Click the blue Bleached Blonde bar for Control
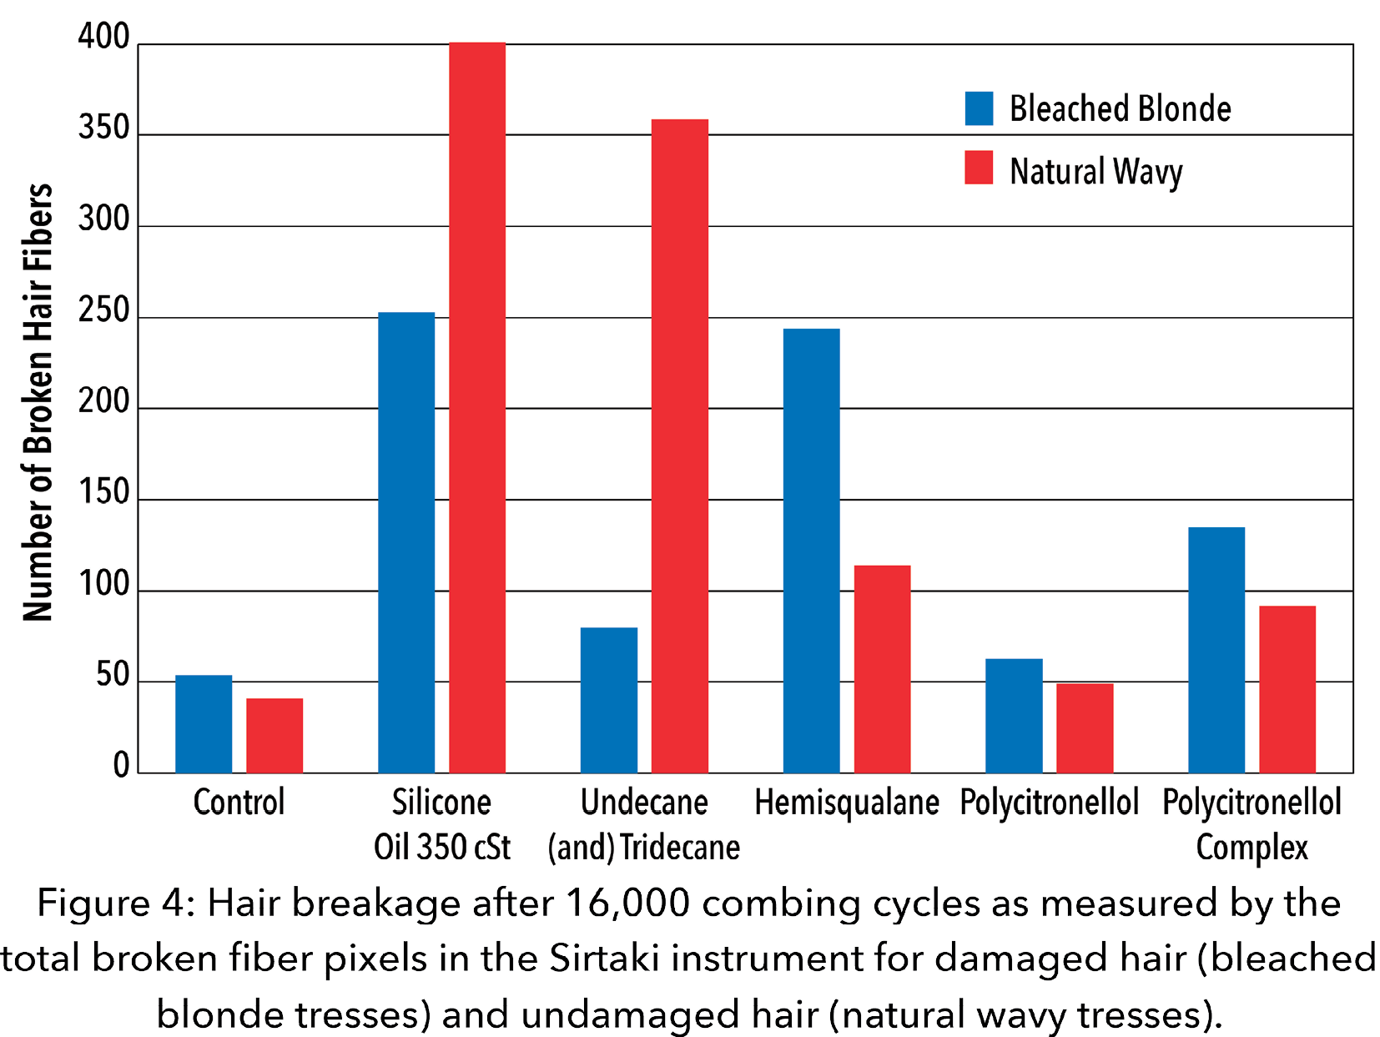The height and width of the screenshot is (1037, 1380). pos(204,723)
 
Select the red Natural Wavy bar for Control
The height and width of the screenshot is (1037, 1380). pos(274,735)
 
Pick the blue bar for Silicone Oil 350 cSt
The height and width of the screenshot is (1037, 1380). pos(406,542)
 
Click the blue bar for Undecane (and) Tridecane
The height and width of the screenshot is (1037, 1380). pos(609,700)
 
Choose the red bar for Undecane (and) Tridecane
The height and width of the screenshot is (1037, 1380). pos(680,446)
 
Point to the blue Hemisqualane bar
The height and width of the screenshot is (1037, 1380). pos(812,551)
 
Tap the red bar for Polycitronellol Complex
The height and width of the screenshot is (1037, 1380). pos(1287,689)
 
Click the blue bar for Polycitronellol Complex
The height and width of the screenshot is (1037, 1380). pos(1216,650)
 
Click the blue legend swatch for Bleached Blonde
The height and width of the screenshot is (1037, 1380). pos(979,108)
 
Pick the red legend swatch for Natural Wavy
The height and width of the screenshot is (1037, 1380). pos(979,168)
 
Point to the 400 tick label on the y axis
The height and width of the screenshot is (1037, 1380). pos(104,38)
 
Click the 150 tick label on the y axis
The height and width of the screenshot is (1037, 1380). pos(104,493)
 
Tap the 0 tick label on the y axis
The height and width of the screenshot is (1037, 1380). pos(122,765)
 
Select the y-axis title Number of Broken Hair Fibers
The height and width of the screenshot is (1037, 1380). pos(38,402)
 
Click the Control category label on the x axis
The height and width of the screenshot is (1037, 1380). pos(239,803)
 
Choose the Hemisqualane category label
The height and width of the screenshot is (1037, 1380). pos(847,803)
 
